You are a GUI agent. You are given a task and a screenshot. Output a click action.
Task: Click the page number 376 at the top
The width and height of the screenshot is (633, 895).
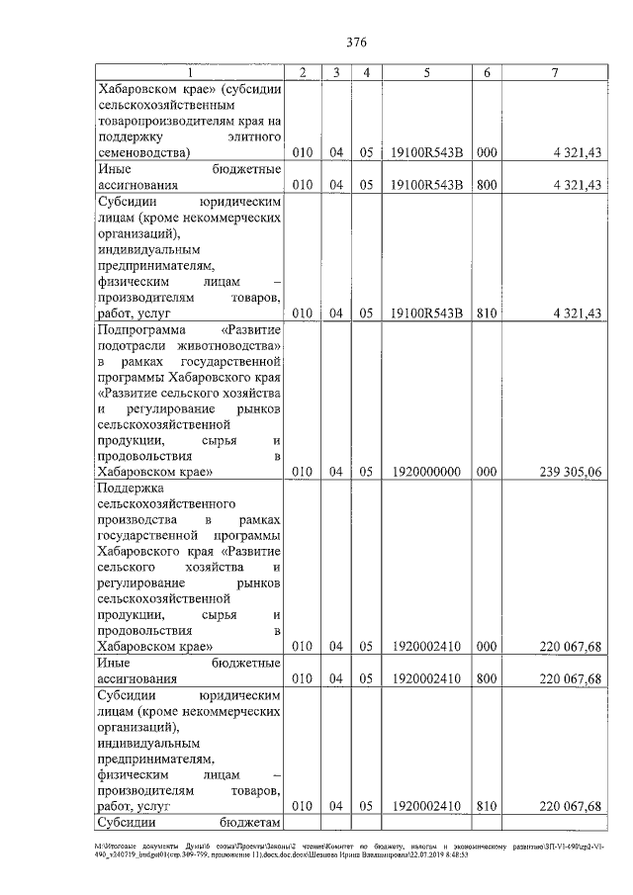pyautogui.click(x=357, y=42)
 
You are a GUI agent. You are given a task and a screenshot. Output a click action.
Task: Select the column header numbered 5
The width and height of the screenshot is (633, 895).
pyautogui.click(x=426, y=73)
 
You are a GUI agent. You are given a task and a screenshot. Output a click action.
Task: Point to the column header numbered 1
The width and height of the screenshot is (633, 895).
pyautogui.click(x=192, y=73)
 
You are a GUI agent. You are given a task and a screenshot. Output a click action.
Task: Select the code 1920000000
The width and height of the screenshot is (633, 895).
pyautogui.click(x=426, y=472)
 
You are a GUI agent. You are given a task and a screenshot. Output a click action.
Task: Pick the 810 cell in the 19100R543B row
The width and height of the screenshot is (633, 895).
pyautogui.click(x=486, y=313)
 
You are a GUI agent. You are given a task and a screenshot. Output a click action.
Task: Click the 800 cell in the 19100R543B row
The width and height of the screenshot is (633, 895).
pyautogui.click(x=486, y=185)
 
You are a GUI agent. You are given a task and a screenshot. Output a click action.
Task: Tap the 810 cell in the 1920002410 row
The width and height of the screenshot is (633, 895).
pyautogui.click(x=486, y=807)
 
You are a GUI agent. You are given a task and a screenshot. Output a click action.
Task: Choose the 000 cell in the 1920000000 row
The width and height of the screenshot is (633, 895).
pyautogui.click(x=486, y=472)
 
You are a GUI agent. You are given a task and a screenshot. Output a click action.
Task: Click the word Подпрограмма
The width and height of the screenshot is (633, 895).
pyautogui.click(x=138, y=329)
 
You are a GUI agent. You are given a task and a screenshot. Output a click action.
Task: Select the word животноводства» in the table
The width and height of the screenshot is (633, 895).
pyautogui.click(x=230, y=345)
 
